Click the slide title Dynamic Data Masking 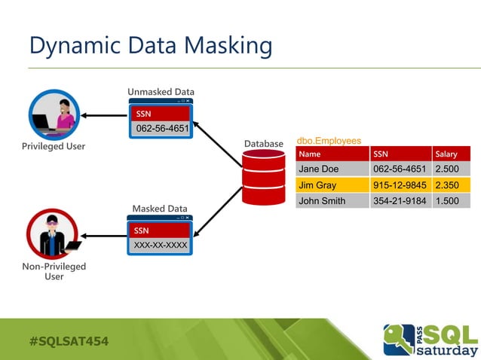click(x=150, y=46)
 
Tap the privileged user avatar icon click(x=54, y=114)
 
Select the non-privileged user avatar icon click(x=54, y=234)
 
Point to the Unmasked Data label click(x=161, y=92)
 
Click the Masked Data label click(x=160, y=209)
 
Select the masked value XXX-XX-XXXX click(x=161, y=246)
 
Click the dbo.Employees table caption click(x=329, y=141)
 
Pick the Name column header click(x=310, y=154)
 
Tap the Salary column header click(x=446, y=154)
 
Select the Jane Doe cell click(x=319, y=169)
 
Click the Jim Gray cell click(x=317, y=185)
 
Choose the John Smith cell click(x=322, y=200)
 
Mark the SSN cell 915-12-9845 click(x=400, y=185)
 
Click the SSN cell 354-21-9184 click(x=400, y=200)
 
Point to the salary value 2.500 click(x=447, y=169)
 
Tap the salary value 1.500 click(x=447, y=200)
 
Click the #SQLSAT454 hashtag click(x=69, y=341)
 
